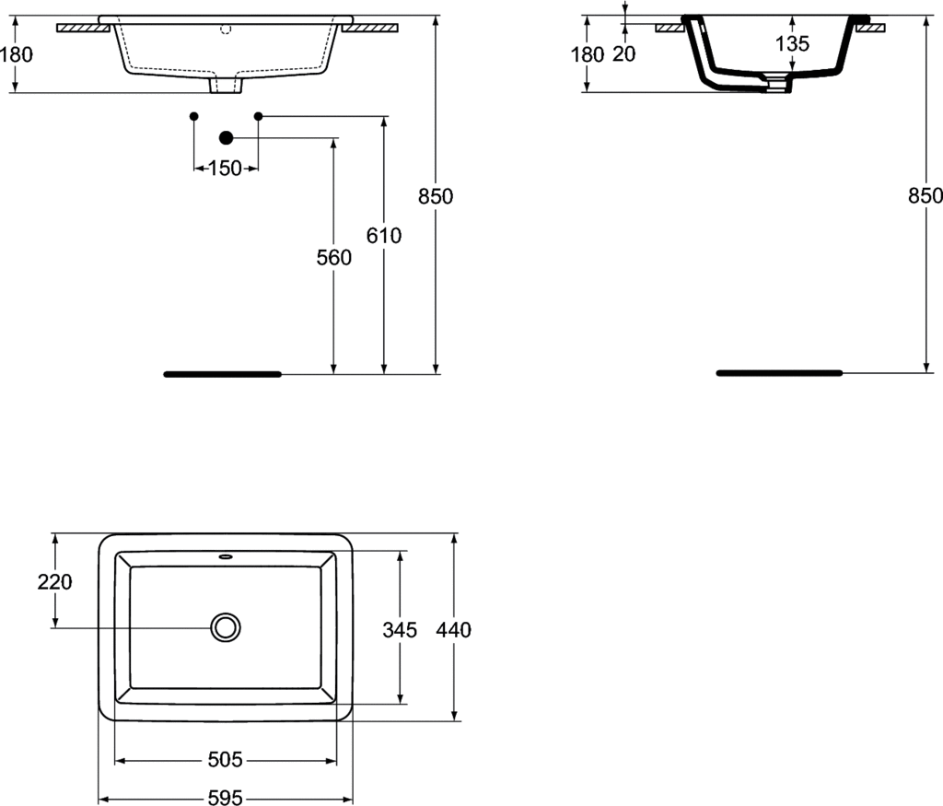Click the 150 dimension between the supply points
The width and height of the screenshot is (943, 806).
[226, 169]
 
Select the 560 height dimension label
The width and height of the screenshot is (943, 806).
[333, 258]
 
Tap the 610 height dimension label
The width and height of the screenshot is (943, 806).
[384, 236]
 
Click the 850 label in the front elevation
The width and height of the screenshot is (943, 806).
[436, 196]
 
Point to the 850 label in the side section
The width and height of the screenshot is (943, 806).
[925, 195]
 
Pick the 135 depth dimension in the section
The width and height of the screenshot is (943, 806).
[792, 43]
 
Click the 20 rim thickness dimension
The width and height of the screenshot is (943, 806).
[624, 54]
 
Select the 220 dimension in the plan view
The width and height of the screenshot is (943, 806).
[54, 582]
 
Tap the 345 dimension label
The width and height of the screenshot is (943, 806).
[400, 630]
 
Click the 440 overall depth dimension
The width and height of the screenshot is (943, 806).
[453, 630]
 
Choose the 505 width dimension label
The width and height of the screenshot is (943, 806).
[225, 760]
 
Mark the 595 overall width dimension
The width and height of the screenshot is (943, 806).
[225, 798]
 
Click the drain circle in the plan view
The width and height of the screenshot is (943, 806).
[226, 627]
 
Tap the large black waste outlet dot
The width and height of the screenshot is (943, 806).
[226, 138]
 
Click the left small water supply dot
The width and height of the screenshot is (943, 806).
[193, 115]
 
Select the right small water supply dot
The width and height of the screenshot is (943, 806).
[258, 115]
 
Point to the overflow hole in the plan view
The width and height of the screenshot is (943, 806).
[226, 556]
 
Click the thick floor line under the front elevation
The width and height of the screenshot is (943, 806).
[222, 374]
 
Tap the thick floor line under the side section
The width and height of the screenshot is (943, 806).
[779, 373]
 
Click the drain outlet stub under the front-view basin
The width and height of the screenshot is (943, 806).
[226, 85]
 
